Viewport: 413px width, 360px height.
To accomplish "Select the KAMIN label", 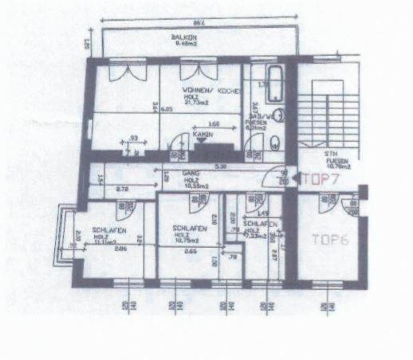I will pos(203,135).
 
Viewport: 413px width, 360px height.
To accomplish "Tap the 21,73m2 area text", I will pos(196,104).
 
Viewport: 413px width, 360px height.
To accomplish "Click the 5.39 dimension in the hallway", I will pos(218,166).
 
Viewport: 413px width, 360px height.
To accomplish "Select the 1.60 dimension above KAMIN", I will pos(214,125).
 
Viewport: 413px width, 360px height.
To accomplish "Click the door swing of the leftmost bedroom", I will pos(124,207).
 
